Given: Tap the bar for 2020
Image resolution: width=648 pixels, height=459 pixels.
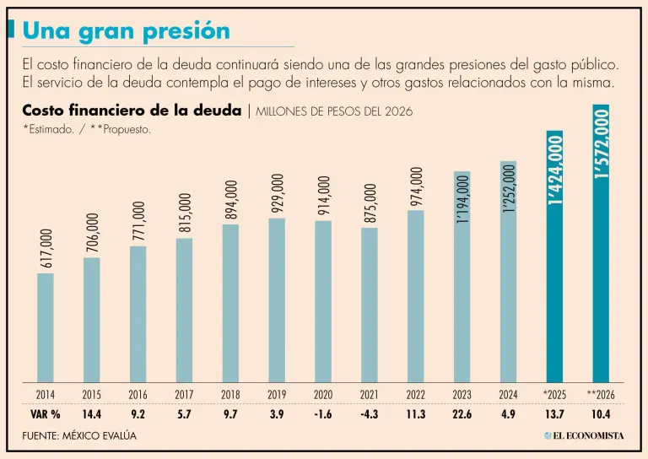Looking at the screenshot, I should click(323, 301).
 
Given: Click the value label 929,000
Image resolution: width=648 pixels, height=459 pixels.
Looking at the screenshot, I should click(277, 194).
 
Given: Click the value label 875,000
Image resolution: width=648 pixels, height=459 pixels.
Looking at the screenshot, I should click(370, 203).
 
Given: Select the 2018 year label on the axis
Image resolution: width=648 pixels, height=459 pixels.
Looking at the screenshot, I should click(230, 394).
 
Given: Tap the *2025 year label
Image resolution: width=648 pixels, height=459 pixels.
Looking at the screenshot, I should click(554, 394).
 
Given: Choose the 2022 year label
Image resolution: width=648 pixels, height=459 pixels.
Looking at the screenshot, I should click(415, 394).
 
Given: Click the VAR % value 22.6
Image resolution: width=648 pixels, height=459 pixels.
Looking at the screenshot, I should click(462, 413).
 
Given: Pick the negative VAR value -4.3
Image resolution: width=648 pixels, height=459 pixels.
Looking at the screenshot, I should click(370, 413).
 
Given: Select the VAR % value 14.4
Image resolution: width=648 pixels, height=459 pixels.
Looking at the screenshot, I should click(92, 413).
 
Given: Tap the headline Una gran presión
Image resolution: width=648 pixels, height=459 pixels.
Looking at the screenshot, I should click(126, 30).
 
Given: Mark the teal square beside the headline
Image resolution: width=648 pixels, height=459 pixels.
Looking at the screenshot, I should click(10, 30).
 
